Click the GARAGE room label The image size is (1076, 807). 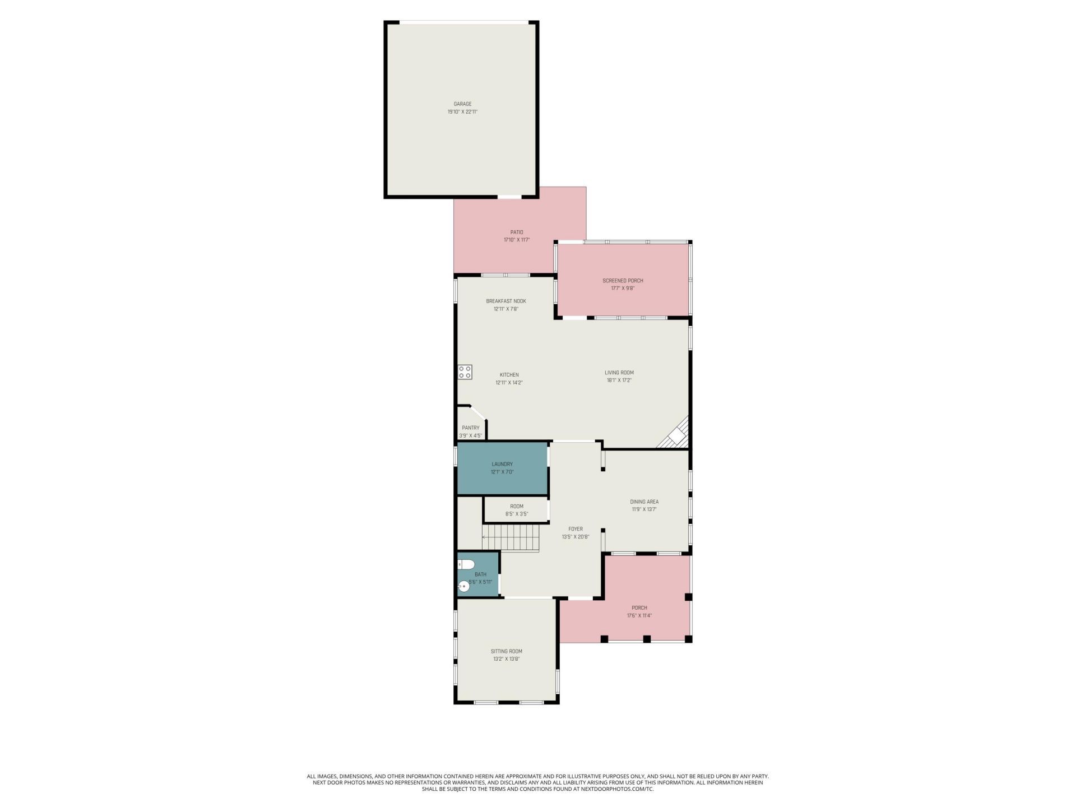point(462,104)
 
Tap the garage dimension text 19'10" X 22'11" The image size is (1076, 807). point(462,112)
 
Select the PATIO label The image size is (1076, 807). point(517,232)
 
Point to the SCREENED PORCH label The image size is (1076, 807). point(623,281)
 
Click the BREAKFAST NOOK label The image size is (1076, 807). point(506,301)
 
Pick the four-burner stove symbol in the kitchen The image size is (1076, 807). point(465,372)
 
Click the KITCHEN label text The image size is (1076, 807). point(509,375)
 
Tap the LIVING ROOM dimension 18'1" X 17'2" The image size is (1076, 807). point(619,381)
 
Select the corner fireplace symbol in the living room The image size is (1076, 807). point(676,435)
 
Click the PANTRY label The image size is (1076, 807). point(471,428)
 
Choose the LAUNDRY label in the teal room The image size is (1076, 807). point(502,464)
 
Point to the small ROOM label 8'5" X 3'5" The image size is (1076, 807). point(517,507)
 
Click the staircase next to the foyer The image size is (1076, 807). point(511,537)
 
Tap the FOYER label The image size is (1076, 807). point(576,529)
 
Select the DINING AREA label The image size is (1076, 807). point(644,502)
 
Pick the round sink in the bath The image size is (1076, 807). point(463,587)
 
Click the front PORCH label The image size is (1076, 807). point(639,608)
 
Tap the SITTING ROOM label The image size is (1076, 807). point(507,651)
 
